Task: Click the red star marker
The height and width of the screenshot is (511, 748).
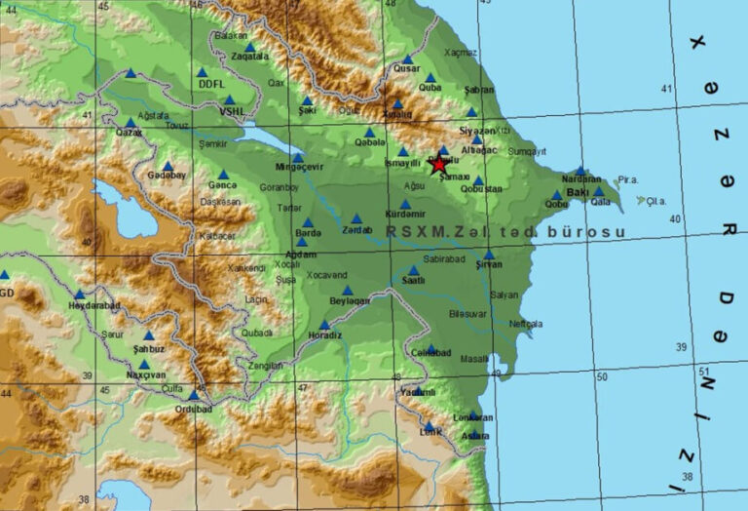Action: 438,165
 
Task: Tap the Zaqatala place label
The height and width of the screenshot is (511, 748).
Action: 250,57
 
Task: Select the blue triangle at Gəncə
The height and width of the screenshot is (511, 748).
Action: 223,175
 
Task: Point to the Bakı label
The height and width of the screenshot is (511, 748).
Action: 578,192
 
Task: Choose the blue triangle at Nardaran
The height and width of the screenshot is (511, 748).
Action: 580,170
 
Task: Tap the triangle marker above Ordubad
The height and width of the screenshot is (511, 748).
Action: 194,395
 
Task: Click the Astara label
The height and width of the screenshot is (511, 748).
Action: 476,436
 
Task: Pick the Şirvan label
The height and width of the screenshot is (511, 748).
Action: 489,264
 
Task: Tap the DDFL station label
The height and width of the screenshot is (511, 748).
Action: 211,85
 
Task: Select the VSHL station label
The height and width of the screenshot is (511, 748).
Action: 232,111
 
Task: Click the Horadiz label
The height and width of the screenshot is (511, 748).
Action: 324,336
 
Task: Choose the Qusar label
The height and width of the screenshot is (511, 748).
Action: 406,69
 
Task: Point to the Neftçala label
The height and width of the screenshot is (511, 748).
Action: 525,324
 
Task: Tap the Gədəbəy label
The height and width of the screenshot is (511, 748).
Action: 167,177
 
